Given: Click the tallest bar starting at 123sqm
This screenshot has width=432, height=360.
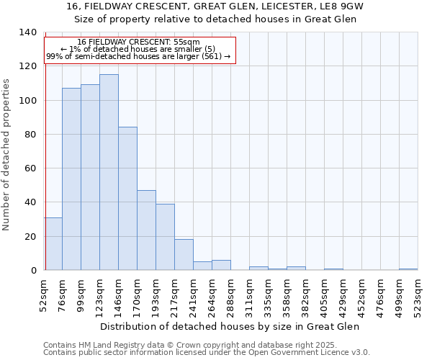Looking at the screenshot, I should (x=109, y=172).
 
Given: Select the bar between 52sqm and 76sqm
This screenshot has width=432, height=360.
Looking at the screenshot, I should (x=53, y=243).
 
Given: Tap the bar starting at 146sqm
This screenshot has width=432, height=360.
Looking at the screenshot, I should (x=127, y=199).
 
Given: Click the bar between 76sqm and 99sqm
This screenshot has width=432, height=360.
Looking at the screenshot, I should (x=71, y=179).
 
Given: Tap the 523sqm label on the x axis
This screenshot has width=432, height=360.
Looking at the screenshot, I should (x=418, y=294).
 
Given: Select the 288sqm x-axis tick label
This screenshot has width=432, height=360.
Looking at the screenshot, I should (x=230, y=294).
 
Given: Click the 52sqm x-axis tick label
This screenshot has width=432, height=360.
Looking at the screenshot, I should (x=43, y=294).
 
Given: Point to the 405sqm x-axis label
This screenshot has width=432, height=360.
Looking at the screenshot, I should (x=324, y=294).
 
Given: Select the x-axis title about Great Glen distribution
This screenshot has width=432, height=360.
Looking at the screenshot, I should (x=229, y=326).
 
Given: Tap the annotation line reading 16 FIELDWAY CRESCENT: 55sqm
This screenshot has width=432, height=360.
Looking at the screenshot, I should (x=139, y=42).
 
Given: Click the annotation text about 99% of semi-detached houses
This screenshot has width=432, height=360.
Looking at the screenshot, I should (x=139, y=56).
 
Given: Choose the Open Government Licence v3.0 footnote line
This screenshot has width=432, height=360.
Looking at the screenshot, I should (x=207, y=353).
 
